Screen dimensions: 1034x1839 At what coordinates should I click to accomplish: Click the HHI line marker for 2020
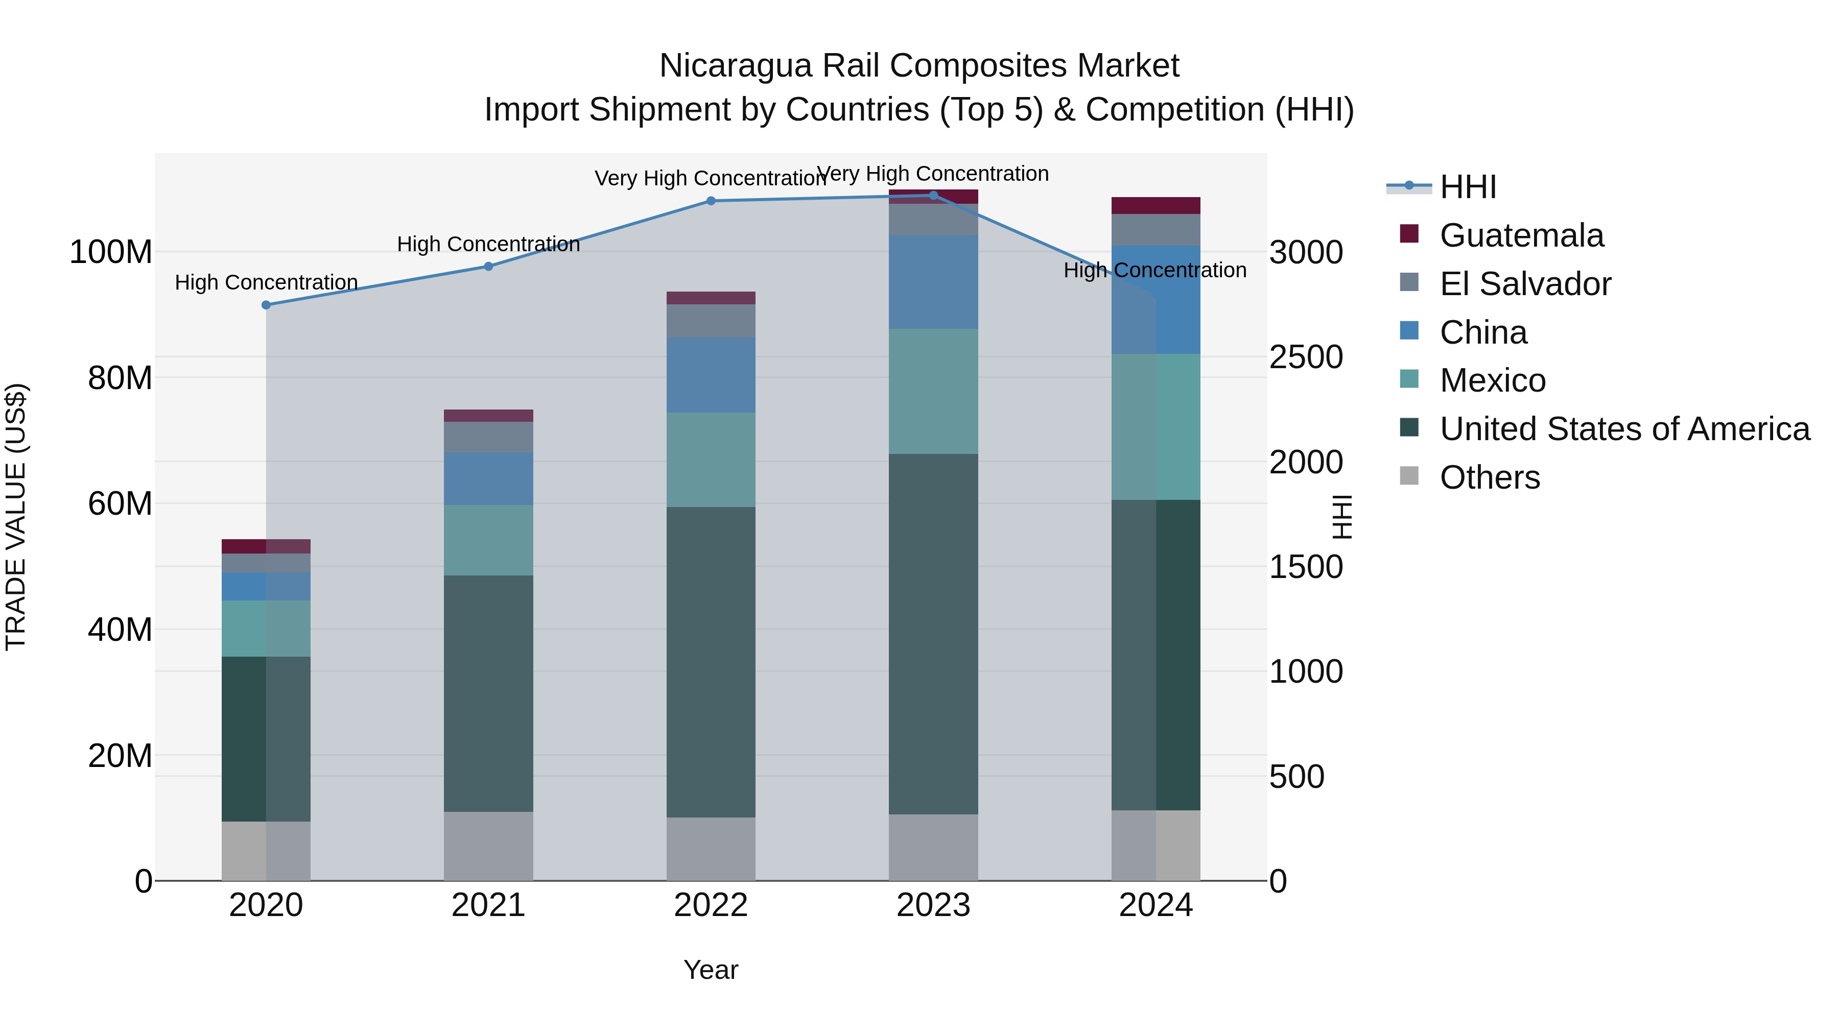pyautogui.click(x=266, y=305)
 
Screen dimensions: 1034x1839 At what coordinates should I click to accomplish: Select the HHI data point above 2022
pyautogui.click(x=711, y=201)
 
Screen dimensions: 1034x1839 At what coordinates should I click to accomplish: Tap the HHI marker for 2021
pyautogui.click(x=488, y=266)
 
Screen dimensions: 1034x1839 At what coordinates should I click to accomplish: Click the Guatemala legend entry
pyautogui.click(x=1521, y=235)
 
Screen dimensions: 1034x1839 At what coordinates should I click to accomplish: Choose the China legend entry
pyautogui.click(x=1483, y=332)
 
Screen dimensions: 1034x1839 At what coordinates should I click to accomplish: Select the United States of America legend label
pyautogui.click(x=1624, y=429)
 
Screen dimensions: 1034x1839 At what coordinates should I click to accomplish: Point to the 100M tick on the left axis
pyautogui.click(x=111, y=253)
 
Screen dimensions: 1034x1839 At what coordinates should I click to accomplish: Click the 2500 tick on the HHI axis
pyautogui.click(x=1306, y=357)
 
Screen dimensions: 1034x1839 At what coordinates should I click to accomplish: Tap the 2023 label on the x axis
pyautogui.click(x=933, y=905)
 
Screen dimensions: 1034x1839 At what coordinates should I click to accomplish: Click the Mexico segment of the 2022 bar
pyautogui.click(x=711, y=460)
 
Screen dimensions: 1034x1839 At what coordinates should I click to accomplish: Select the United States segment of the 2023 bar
pyautogui.click(x=933, y=634)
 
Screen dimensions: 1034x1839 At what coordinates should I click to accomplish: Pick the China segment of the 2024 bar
pyautogui.click(x=1156, y=300)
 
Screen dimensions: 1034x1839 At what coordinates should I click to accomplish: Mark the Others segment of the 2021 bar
pyautogui.click(x=488, y=846)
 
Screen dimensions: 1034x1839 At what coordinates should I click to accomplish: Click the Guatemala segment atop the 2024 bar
pyautogui.click(x=1156, y=205)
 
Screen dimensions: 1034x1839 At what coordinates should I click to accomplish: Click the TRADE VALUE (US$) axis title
pyautogui.click(x=16, y=517)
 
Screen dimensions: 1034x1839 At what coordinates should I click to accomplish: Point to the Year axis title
pyautogui.click(x=711, y=970)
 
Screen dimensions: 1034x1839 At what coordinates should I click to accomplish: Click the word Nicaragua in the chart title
pyautogui.click(x=735, y=66)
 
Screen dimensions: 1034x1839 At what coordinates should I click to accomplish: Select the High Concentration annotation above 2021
pyautogui.click(x=488, y=244)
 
